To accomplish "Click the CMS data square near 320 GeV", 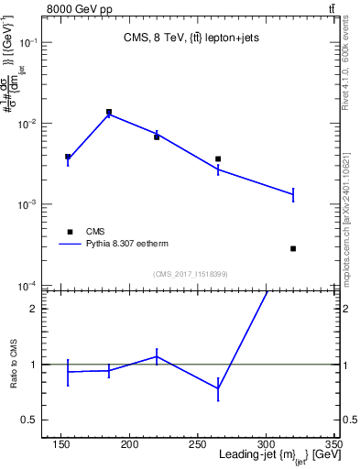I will (x=293, y=248).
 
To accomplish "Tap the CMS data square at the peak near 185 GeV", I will (x=109, y=112).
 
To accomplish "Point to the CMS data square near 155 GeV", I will (x=68, y=157).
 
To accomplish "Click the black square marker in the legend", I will (x=68, y=231).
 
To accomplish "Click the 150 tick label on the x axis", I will (x=61, y=444).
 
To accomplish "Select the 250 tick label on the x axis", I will (x=198, y=444).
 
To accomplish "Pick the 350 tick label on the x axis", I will (x=333, y=444).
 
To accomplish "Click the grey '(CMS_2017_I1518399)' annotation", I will (x=190, y=273).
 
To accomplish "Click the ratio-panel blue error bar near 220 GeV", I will (x=157, y=356).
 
